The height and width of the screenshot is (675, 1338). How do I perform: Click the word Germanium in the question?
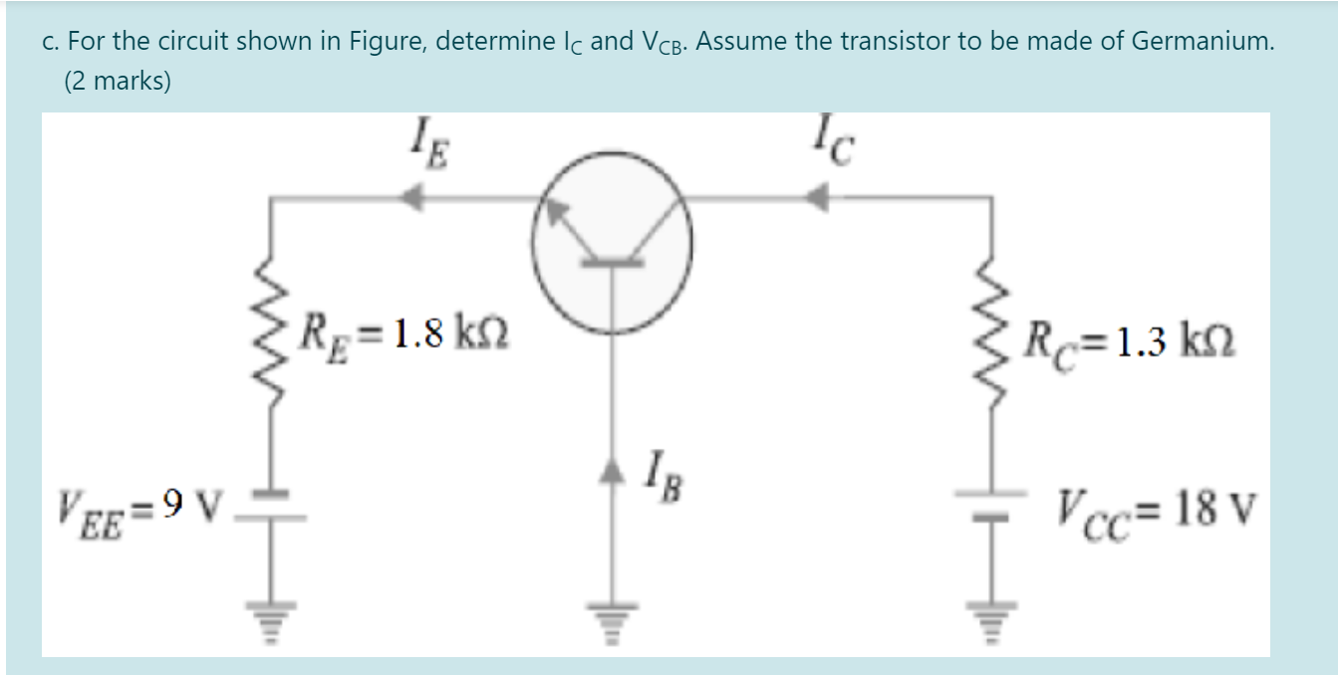pyautogui.click(x=1202, y=43)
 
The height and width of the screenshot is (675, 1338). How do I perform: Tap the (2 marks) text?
pyautogui.click(x=118, y=82)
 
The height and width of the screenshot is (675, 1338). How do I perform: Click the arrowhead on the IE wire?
pyautogui.click(x=408, y=199)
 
